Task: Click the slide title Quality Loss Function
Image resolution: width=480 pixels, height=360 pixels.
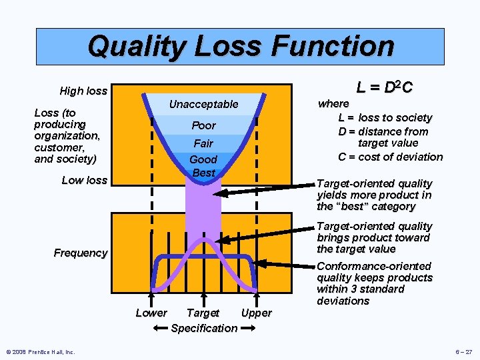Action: click(x=241, y=46)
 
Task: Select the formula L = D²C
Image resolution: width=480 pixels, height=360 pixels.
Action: click(x=384, y=87)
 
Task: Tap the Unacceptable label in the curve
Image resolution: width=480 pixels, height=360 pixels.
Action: click(x=203, y=104)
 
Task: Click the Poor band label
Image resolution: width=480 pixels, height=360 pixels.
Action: click(x=203, y=125)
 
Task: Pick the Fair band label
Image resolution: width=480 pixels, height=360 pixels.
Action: click(x=203, y=143)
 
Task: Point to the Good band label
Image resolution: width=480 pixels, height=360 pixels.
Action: click(x=203, y=160)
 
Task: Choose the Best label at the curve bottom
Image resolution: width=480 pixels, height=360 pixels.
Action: click(x=203, y=173)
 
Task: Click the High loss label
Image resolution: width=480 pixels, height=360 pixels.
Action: click(x=83, y=91)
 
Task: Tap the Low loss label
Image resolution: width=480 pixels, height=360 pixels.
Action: click(x=84, y=180)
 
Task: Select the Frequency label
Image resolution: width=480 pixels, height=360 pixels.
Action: click(x=81, y=253)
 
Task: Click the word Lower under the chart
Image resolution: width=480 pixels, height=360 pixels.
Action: click(x=151, y=313)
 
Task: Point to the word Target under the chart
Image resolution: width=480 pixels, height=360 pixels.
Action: click(x=203, y=313)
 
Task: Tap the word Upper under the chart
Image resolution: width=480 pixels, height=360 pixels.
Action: click(x=256, y=313)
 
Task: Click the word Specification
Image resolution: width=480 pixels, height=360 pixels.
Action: click(x=204, y=328)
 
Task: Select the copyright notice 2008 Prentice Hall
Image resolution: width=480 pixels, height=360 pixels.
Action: click(x=40, y=352)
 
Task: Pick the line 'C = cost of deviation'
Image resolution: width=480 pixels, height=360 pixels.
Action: click(x=390, y=157)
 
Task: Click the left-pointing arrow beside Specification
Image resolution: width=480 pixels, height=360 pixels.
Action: click(x=159, y=328)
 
